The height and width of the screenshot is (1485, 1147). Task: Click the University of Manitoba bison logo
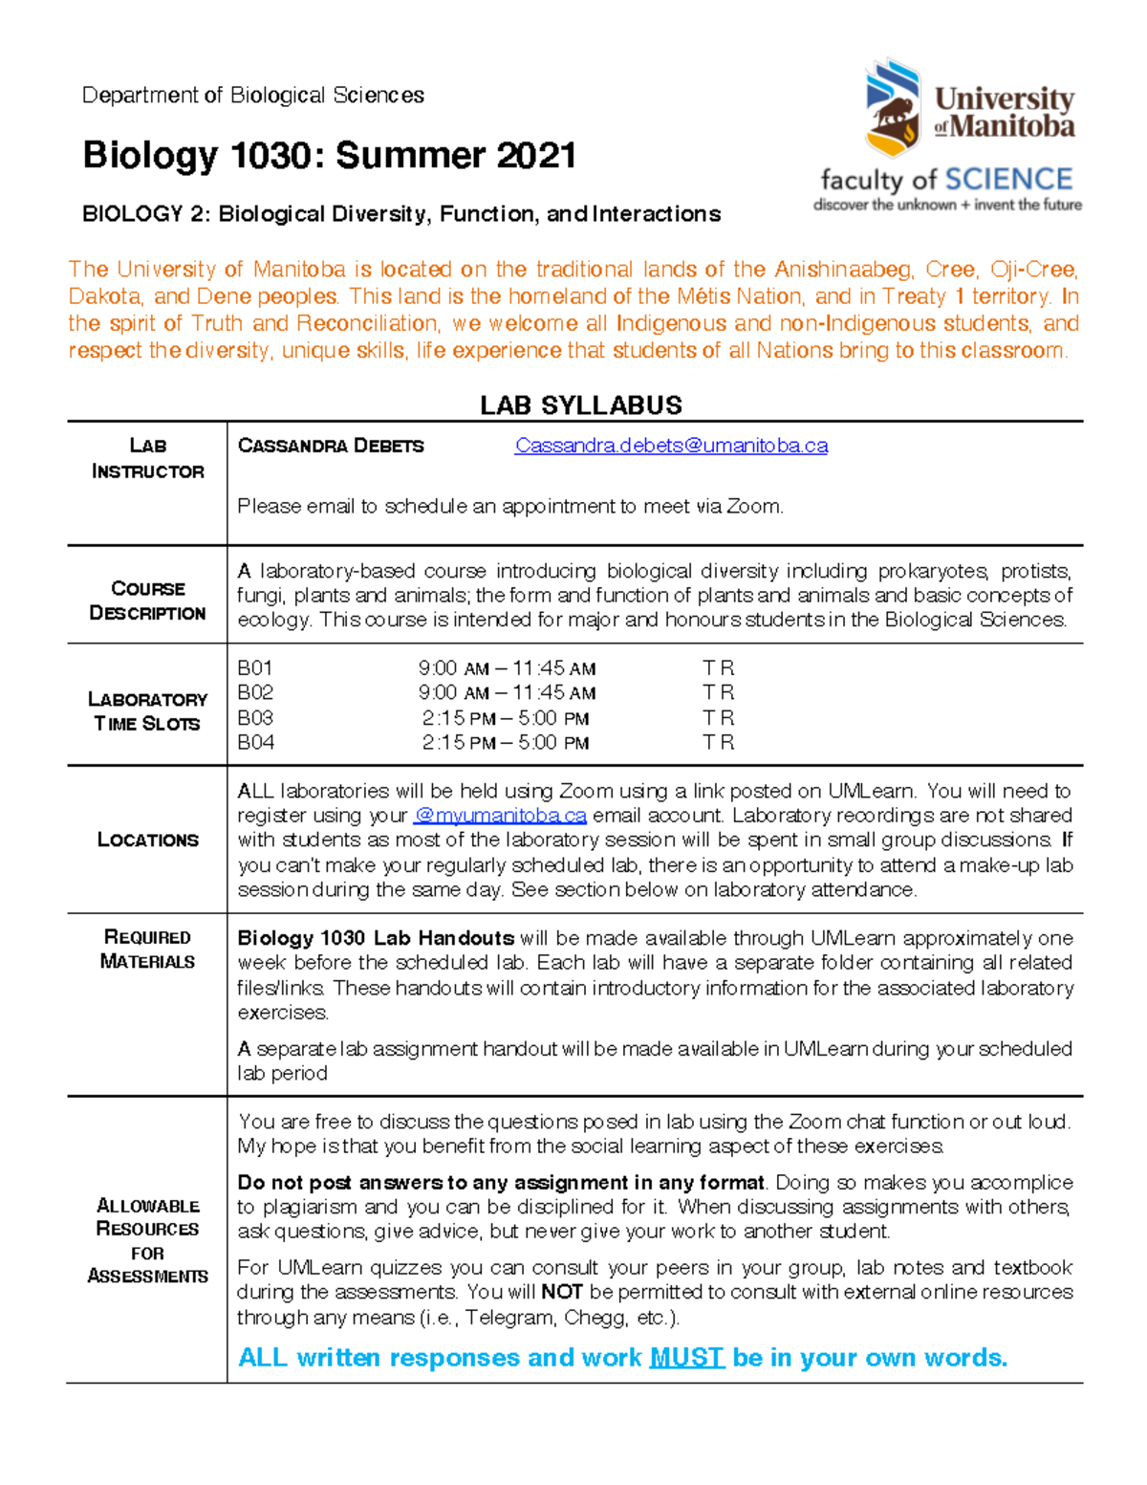coord(893,107)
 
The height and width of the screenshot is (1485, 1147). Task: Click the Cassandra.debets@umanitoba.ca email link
coord(671,446)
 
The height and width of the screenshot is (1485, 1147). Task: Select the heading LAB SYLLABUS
coord(581,405)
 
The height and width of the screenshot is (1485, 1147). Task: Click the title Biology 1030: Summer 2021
coord(330,155)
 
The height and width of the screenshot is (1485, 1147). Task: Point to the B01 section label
coord(255,668)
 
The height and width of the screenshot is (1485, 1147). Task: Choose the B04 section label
coord(256,742)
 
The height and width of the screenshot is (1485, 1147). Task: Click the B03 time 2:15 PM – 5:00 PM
coord(506,718)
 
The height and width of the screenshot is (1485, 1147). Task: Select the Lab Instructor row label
coord(147,458)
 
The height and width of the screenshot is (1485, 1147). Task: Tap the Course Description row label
coord(147,601)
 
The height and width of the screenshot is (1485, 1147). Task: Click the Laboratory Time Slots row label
coord(147,711)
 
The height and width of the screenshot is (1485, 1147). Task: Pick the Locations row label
coord(147,840)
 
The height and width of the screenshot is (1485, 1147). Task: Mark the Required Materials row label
coord(147,949)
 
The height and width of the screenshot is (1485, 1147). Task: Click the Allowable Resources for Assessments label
coord(147,1240)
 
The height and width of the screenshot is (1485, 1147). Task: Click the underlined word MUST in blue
coord(686,1358)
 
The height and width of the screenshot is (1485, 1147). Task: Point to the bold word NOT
coord(562,1292)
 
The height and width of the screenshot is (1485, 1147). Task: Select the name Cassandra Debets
coord(331,446)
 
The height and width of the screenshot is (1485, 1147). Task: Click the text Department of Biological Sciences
coord(253,96)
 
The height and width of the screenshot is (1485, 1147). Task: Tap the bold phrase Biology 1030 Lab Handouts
coord(376,938)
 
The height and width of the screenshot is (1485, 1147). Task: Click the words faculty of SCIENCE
coord(946,180)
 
